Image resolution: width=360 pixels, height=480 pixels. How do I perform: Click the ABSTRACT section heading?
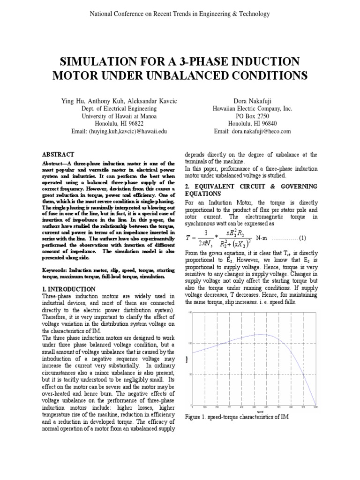58,154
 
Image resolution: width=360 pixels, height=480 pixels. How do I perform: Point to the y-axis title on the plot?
186,359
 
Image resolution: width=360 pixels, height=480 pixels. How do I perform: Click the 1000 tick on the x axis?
315,407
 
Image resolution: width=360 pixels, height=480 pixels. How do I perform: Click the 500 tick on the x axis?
254,407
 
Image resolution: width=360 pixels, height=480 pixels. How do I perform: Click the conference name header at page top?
180,14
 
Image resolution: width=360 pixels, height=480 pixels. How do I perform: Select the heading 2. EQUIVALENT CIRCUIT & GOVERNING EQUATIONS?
251,190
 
